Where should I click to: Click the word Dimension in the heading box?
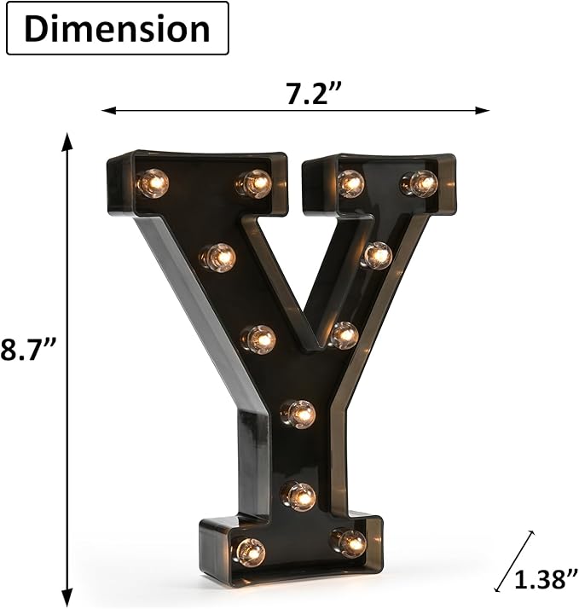pyautogui.click(x=118, y=30)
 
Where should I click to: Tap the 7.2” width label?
pyautogui.click(x=314, y=94)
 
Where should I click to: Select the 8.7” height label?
pyautogui.click(x=29, y=349)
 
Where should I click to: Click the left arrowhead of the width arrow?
pyautogui.click(x=109, y=111)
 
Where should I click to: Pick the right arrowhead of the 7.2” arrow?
pyautogui.click(x=482, y=111)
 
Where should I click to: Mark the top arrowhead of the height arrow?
pyautogui.click(x=67, y=141)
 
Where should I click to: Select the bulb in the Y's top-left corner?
pyautogui.click(x=153, y=183)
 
